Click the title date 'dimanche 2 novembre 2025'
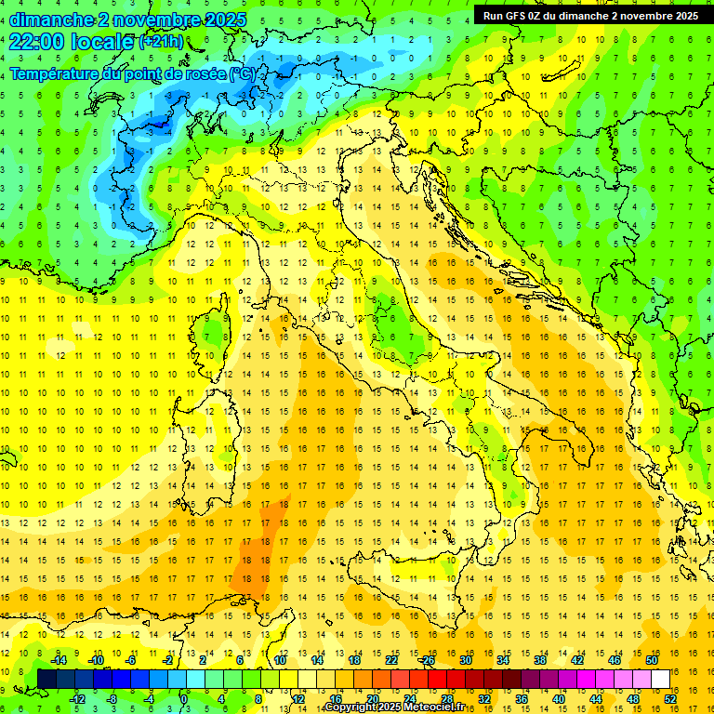127,20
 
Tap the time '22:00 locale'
72,42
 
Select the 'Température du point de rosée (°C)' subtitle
132,73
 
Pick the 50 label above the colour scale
652,660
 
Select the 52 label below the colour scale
670,698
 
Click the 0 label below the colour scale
184,698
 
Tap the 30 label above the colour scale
466,660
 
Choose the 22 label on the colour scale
391,660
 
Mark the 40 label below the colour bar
559,698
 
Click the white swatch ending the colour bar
661,679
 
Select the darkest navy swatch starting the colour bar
47,679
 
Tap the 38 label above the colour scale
540,660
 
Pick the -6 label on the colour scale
131,660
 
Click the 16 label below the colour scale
336,698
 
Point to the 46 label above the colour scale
615,660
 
